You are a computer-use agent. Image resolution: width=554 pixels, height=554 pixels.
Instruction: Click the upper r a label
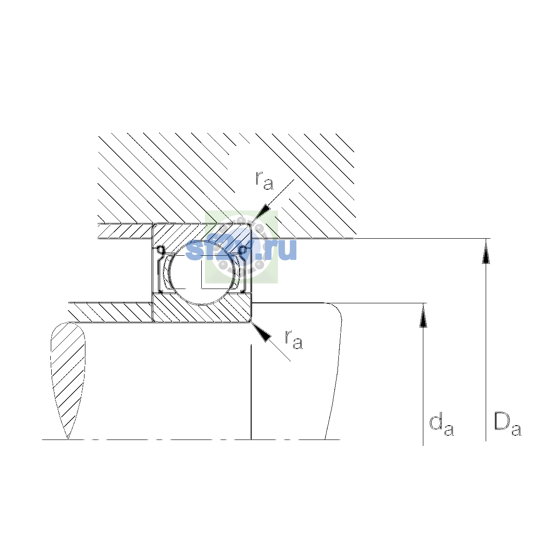(x=264, y=181)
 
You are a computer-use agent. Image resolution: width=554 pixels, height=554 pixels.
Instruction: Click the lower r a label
(x=294, y=339)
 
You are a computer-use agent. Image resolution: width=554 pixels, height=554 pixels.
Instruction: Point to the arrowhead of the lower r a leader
(x=262, y=332)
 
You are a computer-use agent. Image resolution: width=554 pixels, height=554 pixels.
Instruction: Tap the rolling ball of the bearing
(x=202, y=272)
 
